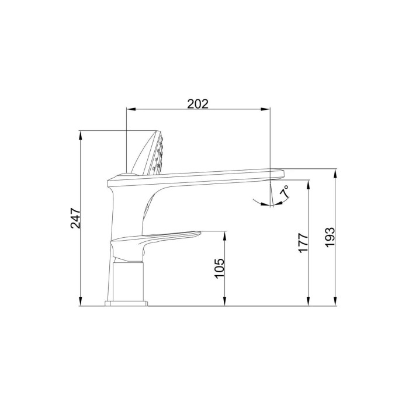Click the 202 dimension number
point(198,104)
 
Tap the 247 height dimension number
point(75,218)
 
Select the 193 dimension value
point(330,237)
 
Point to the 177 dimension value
point(303,243)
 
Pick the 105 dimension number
point(219,269)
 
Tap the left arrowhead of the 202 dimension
point(130,109)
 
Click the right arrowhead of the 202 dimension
point(265,109)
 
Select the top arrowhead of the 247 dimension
point(81,134)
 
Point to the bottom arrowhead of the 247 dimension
point(81,301)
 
